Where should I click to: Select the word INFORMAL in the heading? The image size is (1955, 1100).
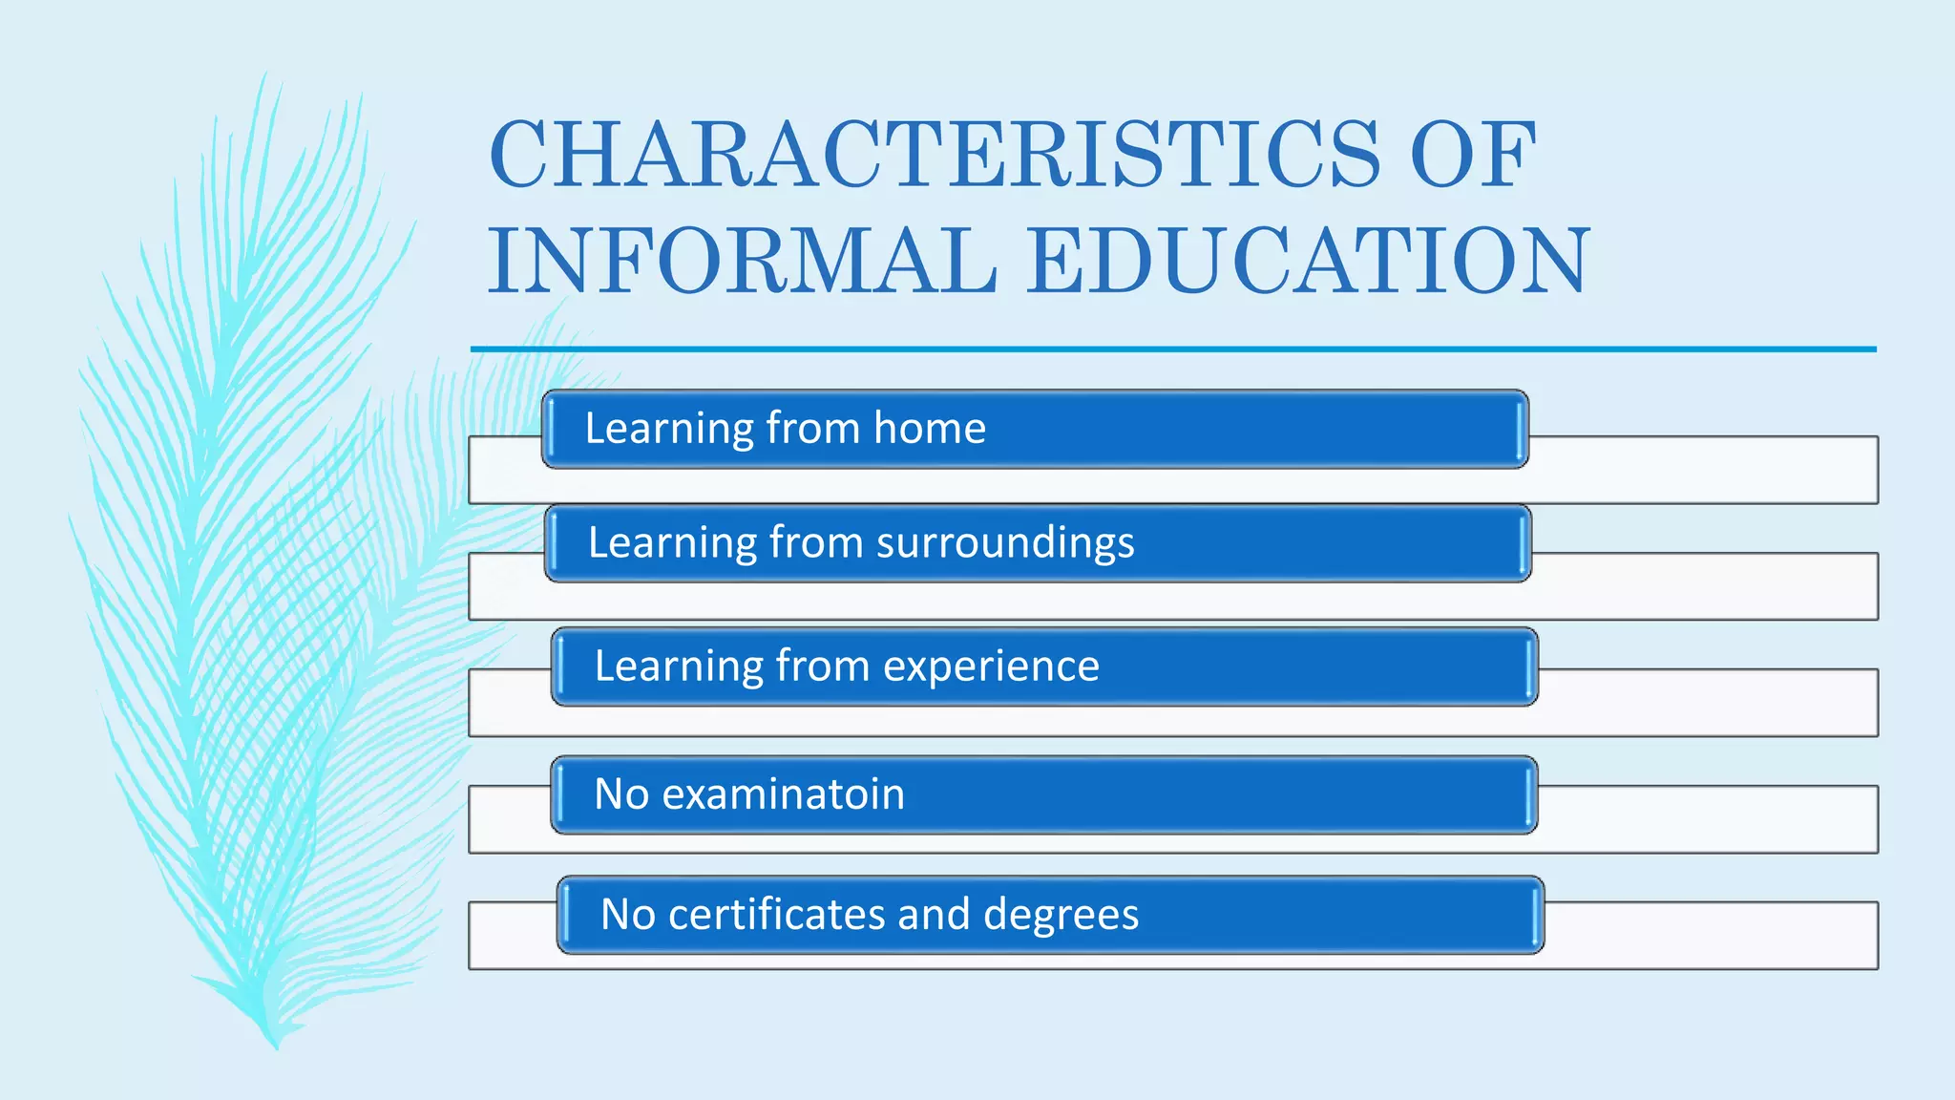click(x=743, y=261)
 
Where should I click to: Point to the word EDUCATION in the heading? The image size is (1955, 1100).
click(x=1309, y=261)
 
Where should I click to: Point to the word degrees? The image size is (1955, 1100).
click(x=1061, y=915)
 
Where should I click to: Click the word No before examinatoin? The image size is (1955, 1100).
click(x=620, y=794)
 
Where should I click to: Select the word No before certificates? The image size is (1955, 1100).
click(x=627, y=915)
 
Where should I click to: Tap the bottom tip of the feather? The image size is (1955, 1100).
click(x=276, y=1046)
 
